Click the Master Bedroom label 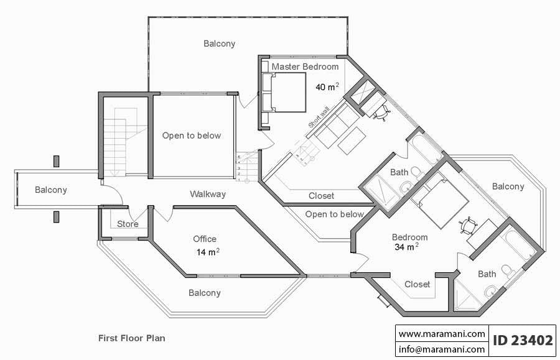click(x=305, y=67)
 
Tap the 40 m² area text click(x=327, y=87)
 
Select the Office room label click(x=204, y=239)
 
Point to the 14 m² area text click(x=207, y=252)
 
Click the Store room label click(x=128, y=224)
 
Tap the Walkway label click(x=208, y=194)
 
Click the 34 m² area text click(x=406, y=247)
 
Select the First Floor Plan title click(x=131, y=338)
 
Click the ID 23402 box click(x=523, y=341)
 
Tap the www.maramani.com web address click(x=442, y=334)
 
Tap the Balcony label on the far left click(x=51, y=190)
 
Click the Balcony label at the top click(x=220, y=44)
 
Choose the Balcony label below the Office click(x=204, y=293)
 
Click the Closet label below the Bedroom click(x=417, y=284)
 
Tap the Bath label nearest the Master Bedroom click(x=399, y=172)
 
